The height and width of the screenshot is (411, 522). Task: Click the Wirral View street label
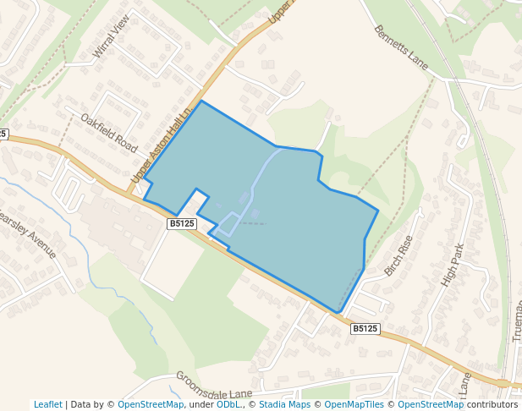(112, 36)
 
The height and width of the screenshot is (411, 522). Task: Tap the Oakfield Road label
(108, 132)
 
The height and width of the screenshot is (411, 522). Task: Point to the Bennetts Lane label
(400, 47)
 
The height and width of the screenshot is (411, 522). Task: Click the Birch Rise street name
(398, 255)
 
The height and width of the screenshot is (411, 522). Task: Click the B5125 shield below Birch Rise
(365, 328)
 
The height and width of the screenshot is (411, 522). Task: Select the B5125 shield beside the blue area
(182, 223)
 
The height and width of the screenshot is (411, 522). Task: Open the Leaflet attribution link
(48, 404)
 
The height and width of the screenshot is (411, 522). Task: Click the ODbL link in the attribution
(228, 404)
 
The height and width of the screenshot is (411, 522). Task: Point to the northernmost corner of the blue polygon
(201, 101)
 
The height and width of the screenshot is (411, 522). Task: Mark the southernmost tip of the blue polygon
(338, 313)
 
